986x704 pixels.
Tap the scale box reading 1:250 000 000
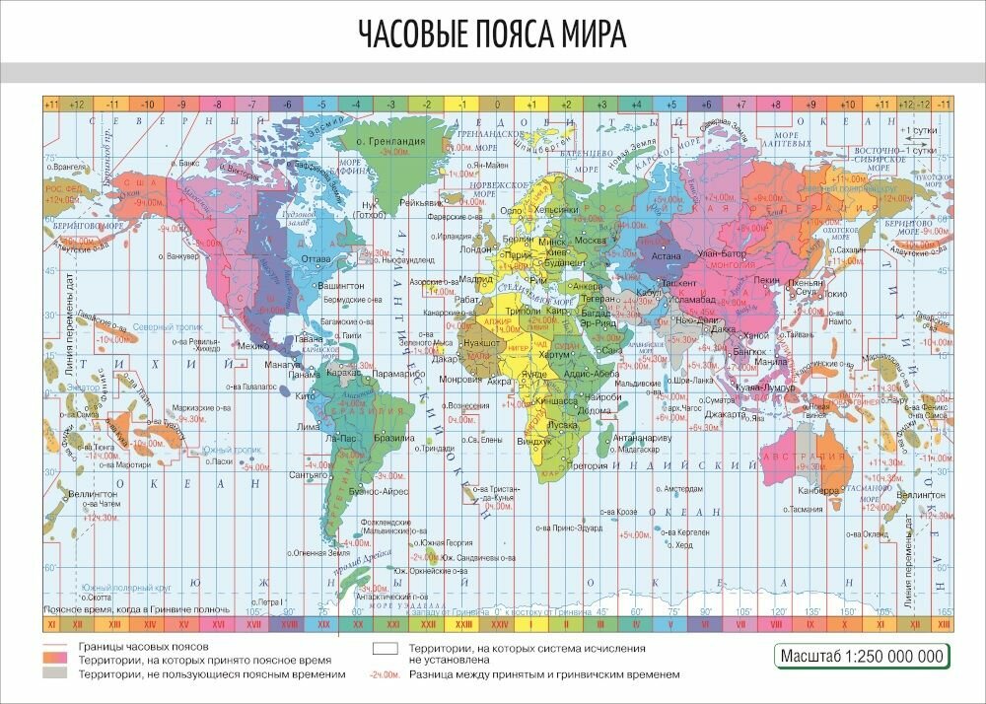(861, 656)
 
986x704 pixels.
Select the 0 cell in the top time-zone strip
(496, 104)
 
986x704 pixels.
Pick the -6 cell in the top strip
(286, 104)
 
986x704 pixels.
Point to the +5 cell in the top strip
(670, 104)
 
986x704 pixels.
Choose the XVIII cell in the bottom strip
(289, 624)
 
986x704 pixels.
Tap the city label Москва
(590, 241)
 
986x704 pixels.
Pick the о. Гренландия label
(390, 141)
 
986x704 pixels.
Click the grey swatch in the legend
(55, 674)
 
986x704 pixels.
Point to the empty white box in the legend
(385, 649)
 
